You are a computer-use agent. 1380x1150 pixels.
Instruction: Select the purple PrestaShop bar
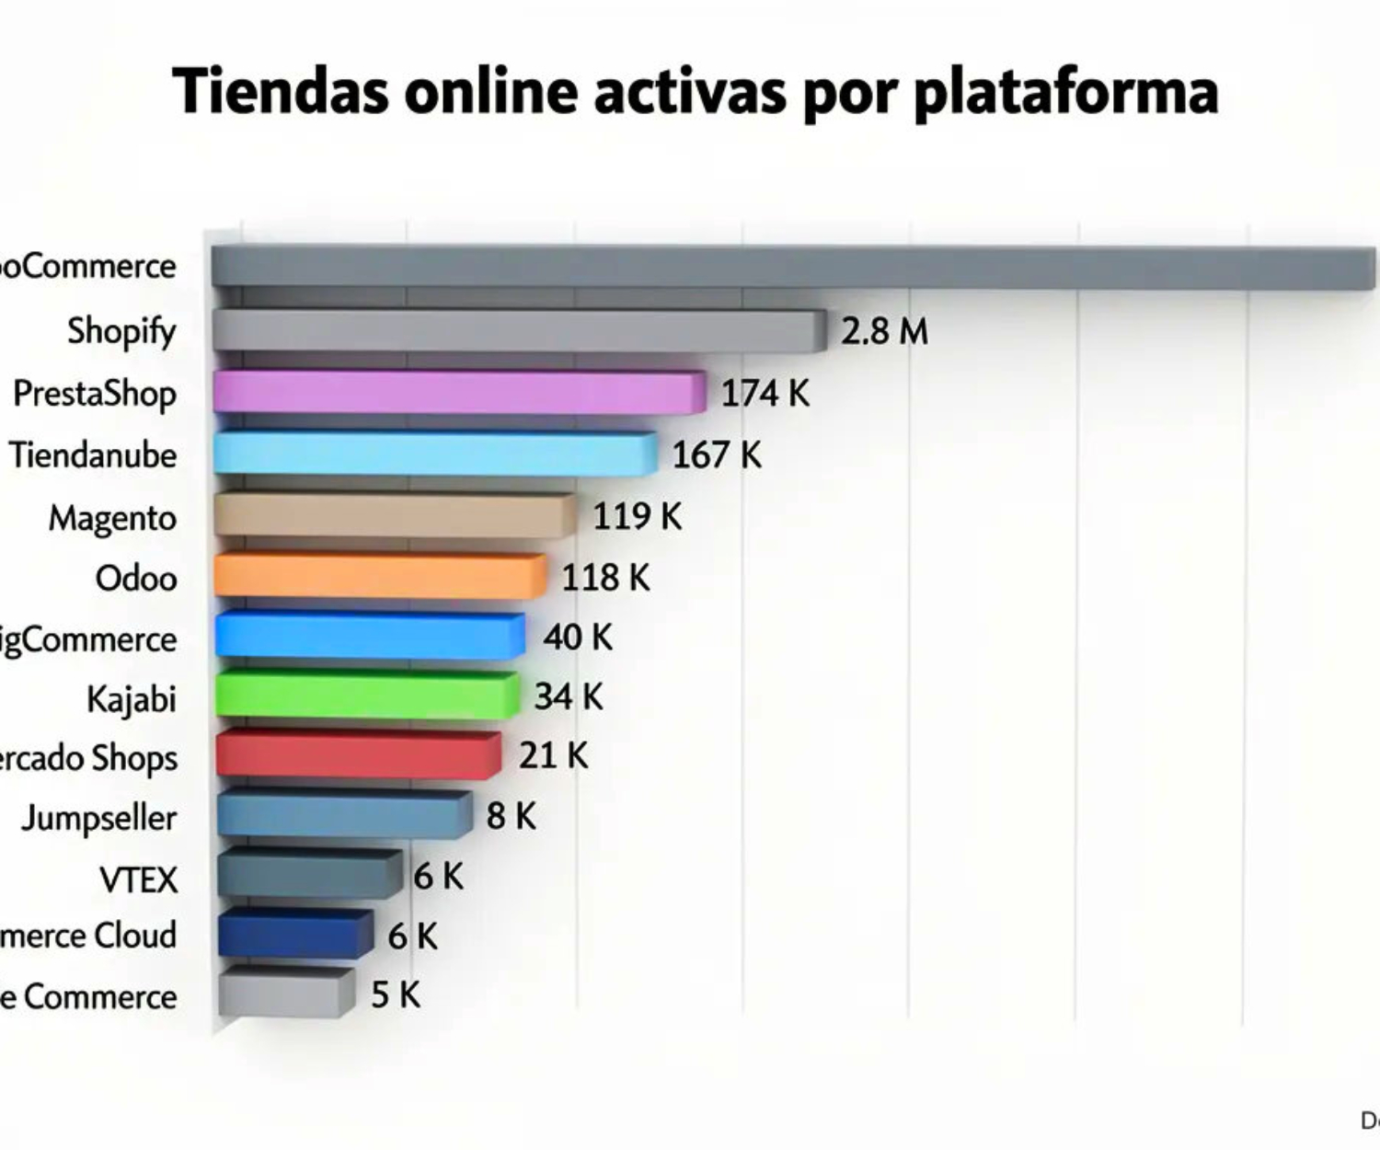pos(458,392)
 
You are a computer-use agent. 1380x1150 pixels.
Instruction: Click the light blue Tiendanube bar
pos(434,453)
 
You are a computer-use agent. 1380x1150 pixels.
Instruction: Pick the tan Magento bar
pos(394,514)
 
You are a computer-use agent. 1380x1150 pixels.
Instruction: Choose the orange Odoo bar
pos(379,576)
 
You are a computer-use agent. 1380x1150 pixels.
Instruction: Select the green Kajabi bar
pos(366,695)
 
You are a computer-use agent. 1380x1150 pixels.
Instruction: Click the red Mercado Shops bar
pos(358,754)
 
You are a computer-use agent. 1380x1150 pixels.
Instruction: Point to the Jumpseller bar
pos(343,814)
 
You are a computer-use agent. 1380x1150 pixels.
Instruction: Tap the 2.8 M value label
pos(884,331)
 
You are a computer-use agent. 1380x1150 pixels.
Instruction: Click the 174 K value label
pos(765,394)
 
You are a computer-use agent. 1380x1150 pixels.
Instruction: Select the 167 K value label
pos(717,454)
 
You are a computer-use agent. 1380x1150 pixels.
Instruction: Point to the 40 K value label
pos(577,637)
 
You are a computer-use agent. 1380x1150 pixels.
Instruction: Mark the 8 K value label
pos(511,815)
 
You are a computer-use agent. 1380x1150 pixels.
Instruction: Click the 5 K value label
pos(396,995)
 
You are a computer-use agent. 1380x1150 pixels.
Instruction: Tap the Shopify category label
pos(121,331)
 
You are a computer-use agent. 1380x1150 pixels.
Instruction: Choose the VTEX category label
pos(138,880)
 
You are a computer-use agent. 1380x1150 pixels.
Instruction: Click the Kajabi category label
pos(131,699)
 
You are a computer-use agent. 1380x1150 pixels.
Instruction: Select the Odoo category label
pos(136,578)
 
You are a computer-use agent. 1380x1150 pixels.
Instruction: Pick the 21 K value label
pos(553,755)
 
